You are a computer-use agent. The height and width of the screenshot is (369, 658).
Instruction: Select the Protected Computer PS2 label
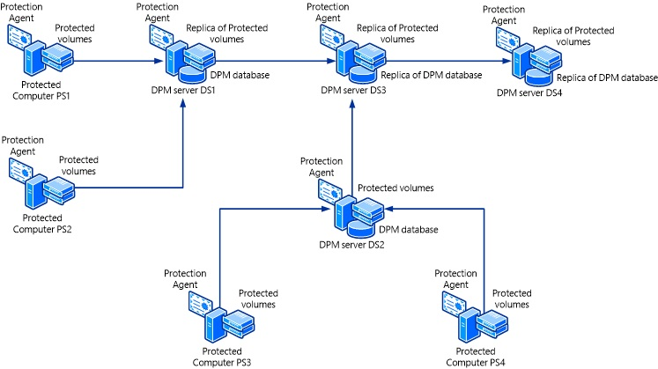44,224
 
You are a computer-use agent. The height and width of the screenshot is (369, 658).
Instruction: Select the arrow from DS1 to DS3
273,62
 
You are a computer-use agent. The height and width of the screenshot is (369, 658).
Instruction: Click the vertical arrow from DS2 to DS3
353,141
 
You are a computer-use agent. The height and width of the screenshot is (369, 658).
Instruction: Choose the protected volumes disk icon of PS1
60,56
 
